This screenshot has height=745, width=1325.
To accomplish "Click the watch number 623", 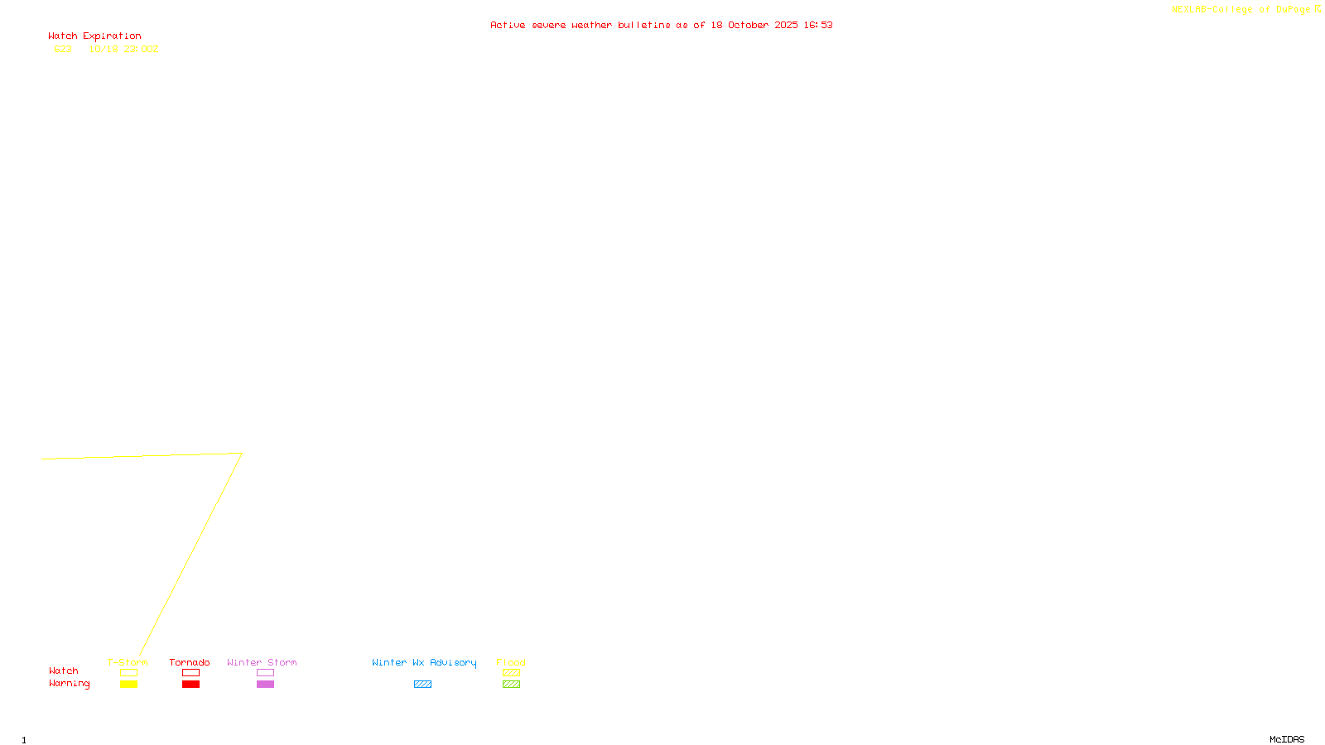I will coord(63,49).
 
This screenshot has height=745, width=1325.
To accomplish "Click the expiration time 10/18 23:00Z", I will coord(123,49).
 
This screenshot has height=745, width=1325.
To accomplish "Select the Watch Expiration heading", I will coord(94,36).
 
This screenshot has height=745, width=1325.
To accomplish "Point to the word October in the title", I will coord(748,25).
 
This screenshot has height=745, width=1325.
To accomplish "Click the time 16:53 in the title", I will coord(818,25).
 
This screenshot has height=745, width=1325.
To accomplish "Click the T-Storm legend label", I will coord(128,662).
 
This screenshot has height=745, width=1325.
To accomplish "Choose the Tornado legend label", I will coord(190,662).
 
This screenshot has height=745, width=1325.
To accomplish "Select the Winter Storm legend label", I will coord(262,662).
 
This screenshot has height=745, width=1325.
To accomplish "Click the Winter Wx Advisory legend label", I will coord(424,662).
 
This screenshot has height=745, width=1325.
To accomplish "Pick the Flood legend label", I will coord(511,662).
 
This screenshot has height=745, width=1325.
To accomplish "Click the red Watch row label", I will coord(64,670).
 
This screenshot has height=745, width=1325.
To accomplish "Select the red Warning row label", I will coord(70,684).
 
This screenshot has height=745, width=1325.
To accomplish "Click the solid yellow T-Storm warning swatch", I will coord(128,685).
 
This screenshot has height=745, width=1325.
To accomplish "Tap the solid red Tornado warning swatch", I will coord(190,685).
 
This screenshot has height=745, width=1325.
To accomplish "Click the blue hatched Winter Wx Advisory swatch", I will coord(422,685).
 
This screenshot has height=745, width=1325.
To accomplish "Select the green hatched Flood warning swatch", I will coord(511,685).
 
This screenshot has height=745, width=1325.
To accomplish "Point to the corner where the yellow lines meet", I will coord(241,454).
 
